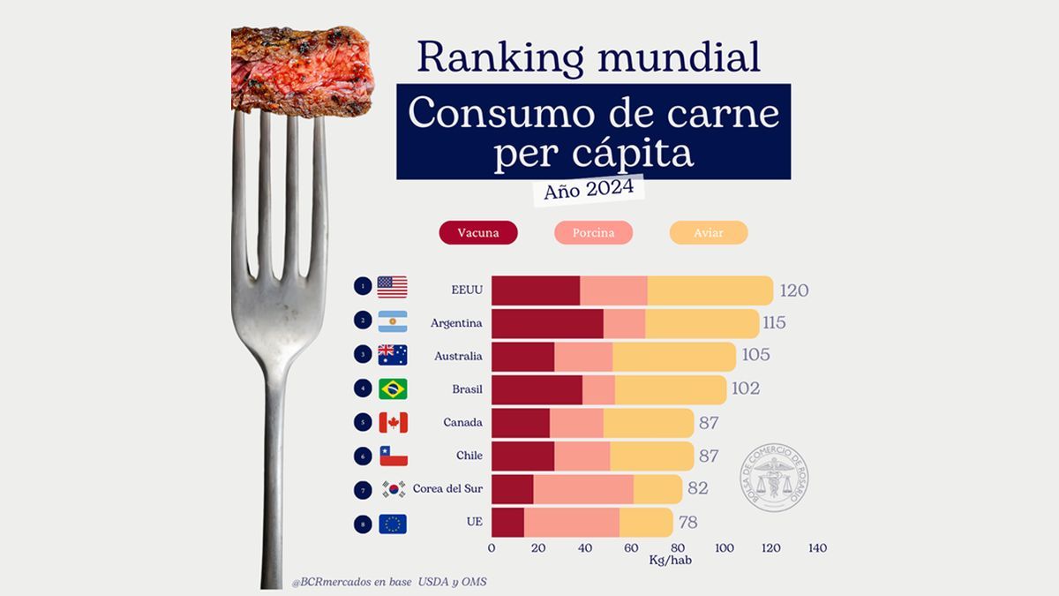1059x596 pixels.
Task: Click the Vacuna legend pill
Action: point(477,233)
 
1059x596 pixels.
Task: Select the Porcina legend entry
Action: point(593,233)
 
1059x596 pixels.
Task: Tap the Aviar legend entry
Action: point(709,233)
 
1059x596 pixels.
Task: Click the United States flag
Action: point(392,288)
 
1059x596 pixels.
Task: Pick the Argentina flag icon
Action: point(392,321)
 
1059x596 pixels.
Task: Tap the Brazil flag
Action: point(392,389)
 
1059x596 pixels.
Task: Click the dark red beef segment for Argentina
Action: point(546,323)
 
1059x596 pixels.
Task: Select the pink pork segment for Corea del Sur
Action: point(582,489)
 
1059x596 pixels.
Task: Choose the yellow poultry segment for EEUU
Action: point(710,290)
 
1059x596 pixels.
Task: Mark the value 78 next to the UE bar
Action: point(688,523)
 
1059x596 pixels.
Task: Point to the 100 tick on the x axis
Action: point(725,548)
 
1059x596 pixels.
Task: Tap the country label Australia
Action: point(458,357)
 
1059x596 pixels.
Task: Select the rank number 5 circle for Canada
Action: point(363,423)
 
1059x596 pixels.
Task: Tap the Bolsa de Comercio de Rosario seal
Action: point(773,478)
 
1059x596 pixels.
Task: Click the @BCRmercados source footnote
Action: point(388,582)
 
